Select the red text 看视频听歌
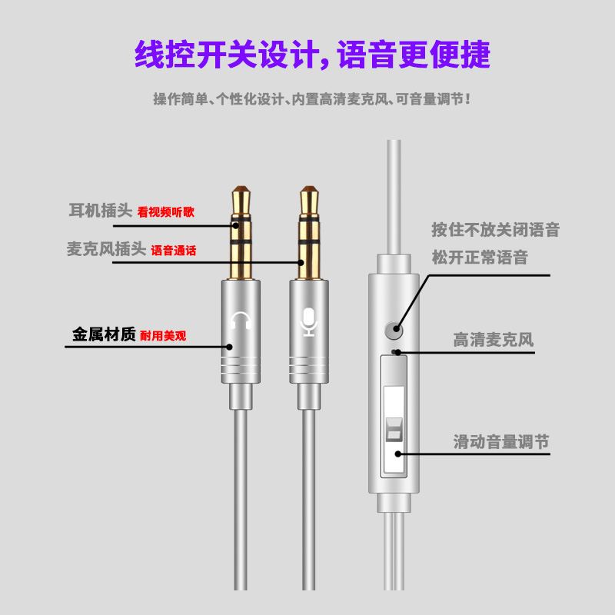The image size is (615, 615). pyautogui.click(x=165, y=212)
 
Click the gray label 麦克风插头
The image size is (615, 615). pyautogui.click(x=106, y=248)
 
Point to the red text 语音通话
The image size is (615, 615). pyautogui.click(x=173, y=251)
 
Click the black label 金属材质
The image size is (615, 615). pyautogui.click(x=104, y=334)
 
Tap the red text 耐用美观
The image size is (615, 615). pyautogui.click(x=163, y=336)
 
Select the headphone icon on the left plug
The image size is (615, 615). pyautogui.click(x=241, y=321)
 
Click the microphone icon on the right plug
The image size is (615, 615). pyautogui.click(x=309, y=322)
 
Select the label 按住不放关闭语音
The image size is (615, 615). pyautogui.click(x=495, y=229)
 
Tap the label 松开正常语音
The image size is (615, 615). pyautogui.click(x=480, y=258)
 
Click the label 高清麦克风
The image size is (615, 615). pyautogui.click(x=493, y=340)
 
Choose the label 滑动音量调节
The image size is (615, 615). pyautogui.click(x=500, y=442)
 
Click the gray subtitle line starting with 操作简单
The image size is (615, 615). pyautogui.click(x=311, y=99)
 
